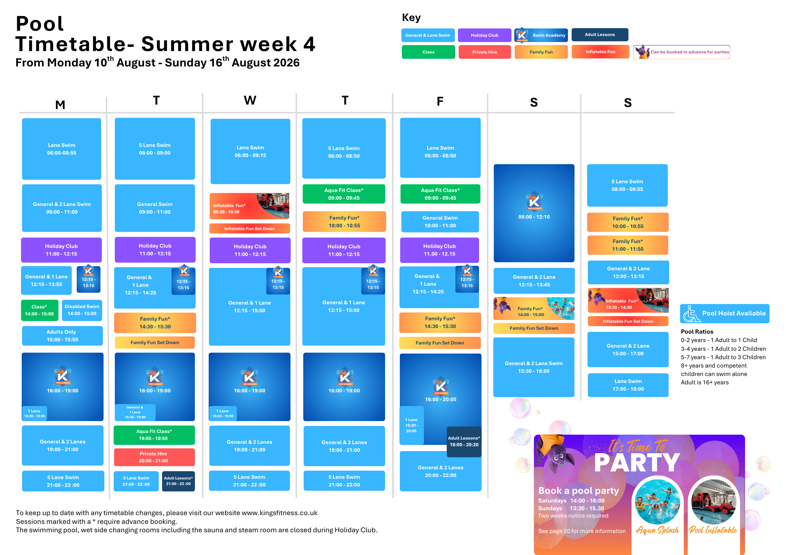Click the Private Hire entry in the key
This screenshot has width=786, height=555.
[x=485, y=52]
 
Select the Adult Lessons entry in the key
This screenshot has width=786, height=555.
[x=600, y=35]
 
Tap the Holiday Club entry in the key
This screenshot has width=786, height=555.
[x=485, y=35]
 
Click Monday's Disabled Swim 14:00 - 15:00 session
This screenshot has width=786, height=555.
[x=82, y=310]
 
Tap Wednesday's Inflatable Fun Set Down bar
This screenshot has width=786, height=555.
[x=250, y=229]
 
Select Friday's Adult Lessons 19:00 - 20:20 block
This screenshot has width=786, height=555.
[x=464, y=442]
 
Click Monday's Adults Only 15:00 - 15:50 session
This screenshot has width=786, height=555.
[x=62, y=336]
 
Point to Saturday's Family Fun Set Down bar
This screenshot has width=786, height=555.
[x=534, y=328]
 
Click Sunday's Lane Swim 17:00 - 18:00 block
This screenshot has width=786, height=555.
[x=628, y=385]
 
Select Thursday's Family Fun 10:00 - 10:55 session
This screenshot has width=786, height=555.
[x=344, y=222]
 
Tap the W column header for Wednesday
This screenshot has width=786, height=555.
[x=250, y=101]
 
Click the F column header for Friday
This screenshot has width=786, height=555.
[x=440, y=101]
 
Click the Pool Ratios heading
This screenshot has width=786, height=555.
[x=697, y=332]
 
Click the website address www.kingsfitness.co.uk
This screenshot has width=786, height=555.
[x=279, y=513]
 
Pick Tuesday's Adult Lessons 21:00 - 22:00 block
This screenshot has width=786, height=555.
[x=178, y=481]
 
